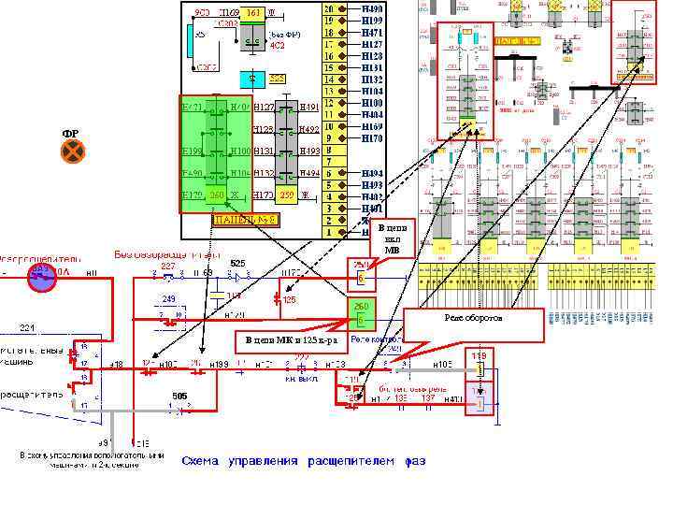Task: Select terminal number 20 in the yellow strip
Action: pos(329,8)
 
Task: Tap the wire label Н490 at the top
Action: pos(371,8)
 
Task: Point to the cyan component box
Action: pos(251,79)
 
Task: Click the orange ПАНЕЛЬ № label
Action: pos(245,221)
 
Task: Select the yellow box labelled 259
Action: pos(287,195)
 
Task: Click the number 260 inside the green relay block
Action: pos(216,195)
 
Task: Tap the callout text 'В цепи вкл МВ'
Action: pos(392,239)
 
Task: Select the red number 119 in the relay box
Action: pos(479,356)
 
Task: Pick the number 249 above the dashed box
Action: pos(169,298)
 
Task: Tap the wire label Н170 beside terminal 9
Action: pos(371,138)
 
